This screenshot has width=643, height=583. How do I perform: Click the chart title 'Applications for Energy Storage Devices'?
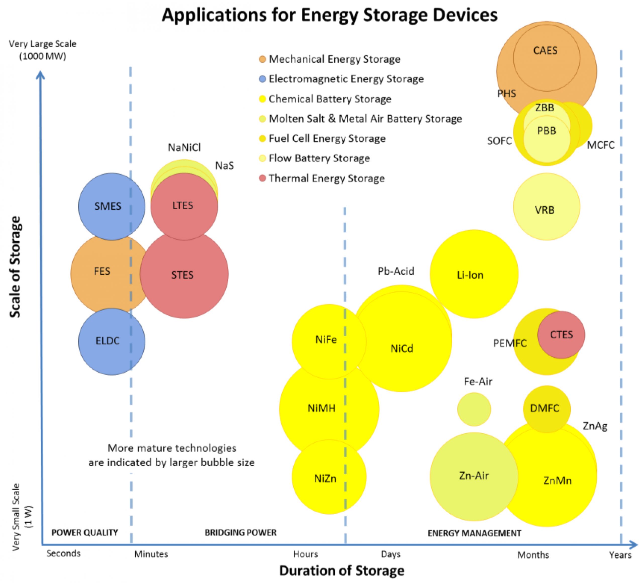pyautogui.click(x=330, y=15)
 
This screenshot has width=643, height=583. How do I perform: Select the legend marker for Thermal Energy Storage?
pyautogui.click(x=262, y=178)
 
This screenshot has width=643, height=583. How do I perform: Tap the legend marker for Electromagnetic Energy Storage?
pyautogui.click(x=262, y=79)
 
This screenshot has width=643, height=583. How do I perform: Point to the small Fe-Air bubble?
pyautogui.click(x=474, y=409)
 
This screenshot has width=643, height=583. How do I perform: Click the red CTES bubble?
pyautogui.click(x=561, y=335)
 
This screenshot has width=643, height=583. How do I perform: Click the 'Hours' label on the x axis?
pyautogui.click(x=305, y=554)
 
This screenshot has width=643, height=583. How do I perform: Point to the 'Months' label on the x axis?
pyautogui.click(x=533, y=555)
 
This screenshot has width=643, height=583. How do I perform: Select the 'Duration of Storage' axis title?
pyautogui.click(x=342, y=570)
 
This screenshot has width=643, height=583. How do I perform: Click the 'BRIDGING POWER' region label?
pyautogui.click(x=240, y=532)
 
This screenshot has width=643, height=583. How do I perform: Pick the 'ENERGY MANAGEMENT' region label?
pyautogui.click(x=474, y=533)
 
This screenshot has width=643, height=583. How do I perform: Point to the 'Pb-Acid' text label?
pyautogui.click(x=396, y=271)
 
